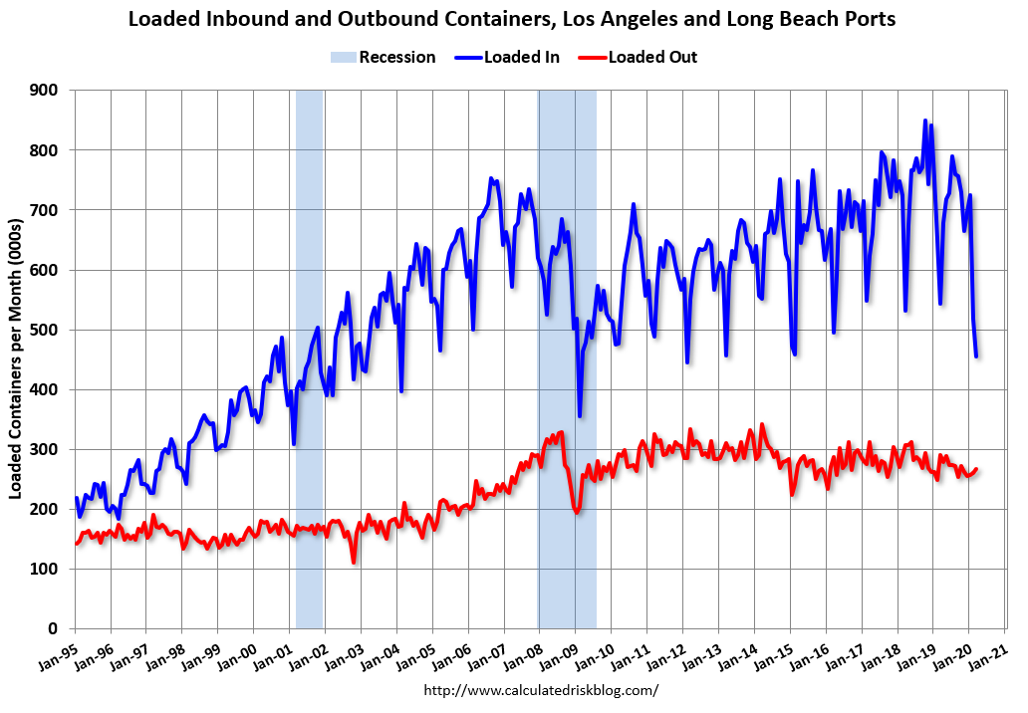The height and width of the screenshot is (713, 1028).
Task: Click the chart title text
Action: coord(512,18)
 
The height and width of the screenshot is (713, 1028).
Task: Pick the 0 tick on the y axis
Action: coord(55,628)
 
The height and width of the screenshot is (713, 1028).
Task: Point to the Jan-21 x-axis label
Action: coord(988,649)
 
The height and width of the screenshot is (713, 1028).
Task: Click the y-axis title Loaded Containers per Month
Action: coord(16,358)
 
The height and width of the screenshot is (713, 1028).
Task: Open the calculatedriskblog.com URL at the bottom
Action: coord(541,689)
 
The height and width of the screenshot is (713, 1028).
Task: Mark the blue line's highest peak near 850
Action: coord(925,121)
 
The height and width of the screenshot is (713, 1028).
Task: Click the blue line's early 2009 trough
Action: coord(580,415)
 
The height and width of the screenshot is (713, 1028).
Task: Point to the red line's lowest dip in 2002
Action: coord(354,563)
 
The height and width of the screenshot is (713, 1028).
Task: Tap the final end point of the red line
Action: coord(977,469)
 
